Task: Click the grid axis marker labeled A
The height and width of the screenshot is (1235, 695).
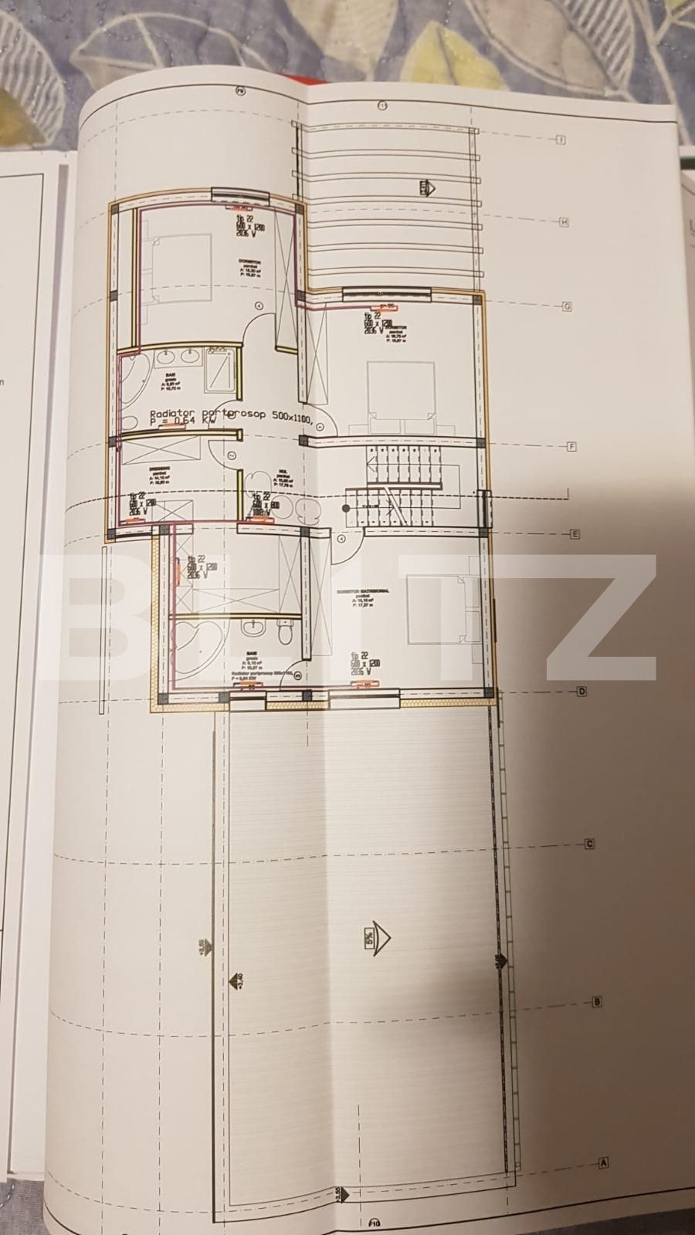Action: [x=604, y=1162]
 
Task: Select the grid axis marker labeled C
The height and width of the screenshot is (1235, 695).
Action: [x=589, y=844]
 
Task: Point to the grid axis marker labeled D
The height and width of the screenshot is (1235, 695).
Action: [x=582, y=692]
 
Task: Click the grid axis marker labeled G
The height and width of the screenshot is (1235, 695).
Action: [x=566, y=306]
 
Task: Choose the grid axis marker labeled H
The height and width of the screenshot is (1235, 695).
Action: [x=564, y=222]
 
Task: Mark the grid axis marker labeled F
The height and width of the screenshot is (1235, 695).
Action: [x=572, y=446]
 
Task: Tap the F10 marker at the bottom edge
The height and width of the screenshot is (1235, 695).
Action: [x=375, y=1223]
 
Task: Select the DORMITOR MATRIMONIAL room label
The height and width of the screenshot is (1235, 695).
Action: [x=363, y=592]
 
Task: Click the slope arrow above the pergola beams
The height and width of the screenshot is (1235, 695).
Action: [x=426, y=188]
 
